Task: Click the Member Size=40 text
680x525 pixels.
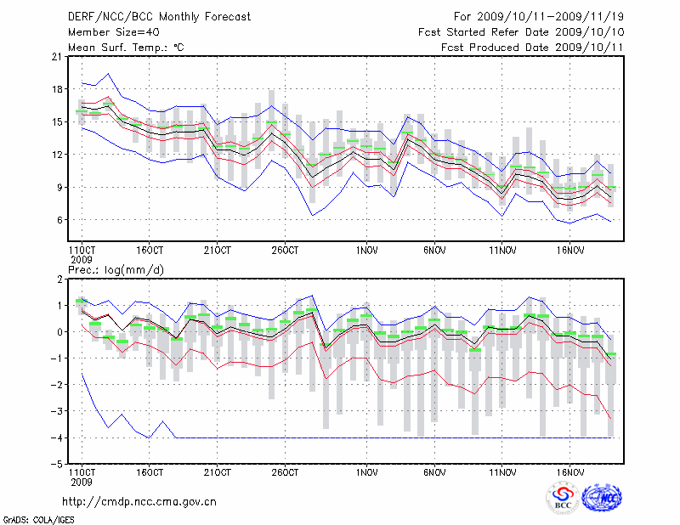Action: (x=107, y=31)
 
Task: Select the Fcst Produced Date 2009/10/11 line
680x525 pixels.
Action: (x=532, y=47)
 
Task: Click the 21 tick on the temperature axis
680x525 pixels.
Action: (x=57, y=57)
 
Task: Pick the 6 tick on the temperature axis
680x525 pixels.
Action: (x=60, y=220)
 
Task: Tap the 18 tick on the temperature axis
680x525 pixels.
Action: (x=57, y=89)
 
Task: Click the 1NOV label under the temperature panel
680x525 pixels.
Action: (x=367, y=251)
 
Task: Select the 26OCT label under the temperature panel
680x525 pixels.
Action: (x=286, y=251)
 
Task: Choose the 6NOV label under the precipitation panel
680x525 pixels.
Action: (x=435, y=471)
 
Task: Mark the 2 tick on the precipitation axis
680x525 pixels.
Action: (x=60, y=279)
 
